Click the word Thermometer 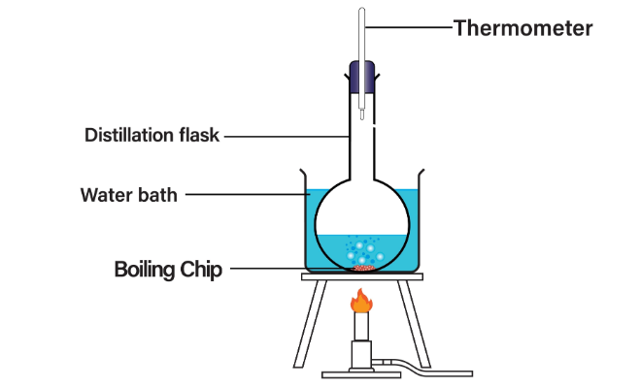coord(522,28)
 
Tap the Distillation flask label coord(153,135)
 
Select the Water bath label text coord(129,195)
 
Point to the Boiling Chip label coord(168,269)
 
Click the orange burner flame coord(361,302)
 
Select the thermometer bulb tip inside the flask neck coord(361,115)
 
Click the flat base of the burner coord(361,372)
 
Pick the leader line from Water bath coord(248,195)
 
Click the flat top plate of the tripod coord(361,277)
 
